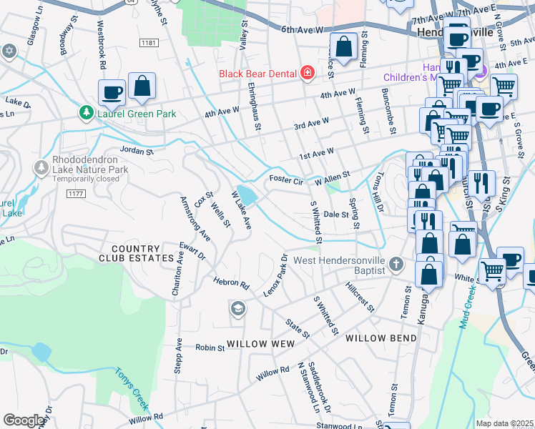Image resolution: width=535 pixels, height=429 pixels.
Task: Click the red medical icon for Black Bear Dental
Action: tap(307, 72)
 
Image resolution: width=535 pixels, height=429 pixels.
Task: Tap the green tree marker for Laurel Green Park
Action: tap(86, 112)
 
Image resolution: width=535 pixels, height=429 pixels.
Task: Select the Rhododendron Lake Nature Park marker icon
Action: tap(41, 167)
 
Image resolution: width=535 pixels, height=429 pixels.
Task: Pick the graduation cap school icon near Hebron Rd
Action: tap(237, 309)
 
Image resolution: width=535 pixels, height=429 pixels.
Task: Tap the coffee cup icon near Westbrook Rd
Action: tap(112, 92)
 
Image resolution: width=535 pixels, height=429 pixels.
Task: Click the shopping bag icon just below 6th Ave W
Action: tap(343, 47)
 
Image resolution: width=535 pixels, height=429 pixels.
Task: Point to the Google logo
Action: tap(24, 420)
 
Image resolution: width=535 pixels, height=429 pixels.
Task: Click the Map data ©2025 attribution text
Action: tap(504, 423)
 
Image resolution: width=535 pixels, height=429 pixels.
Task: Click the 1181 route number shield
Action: tap(149, 44)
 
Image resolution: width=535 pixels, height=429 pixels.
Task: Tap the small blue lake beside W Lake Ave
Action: tap(246, 194)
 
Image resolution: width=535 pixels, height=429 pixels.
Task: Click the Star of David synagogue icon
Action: tap(9, 51)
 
